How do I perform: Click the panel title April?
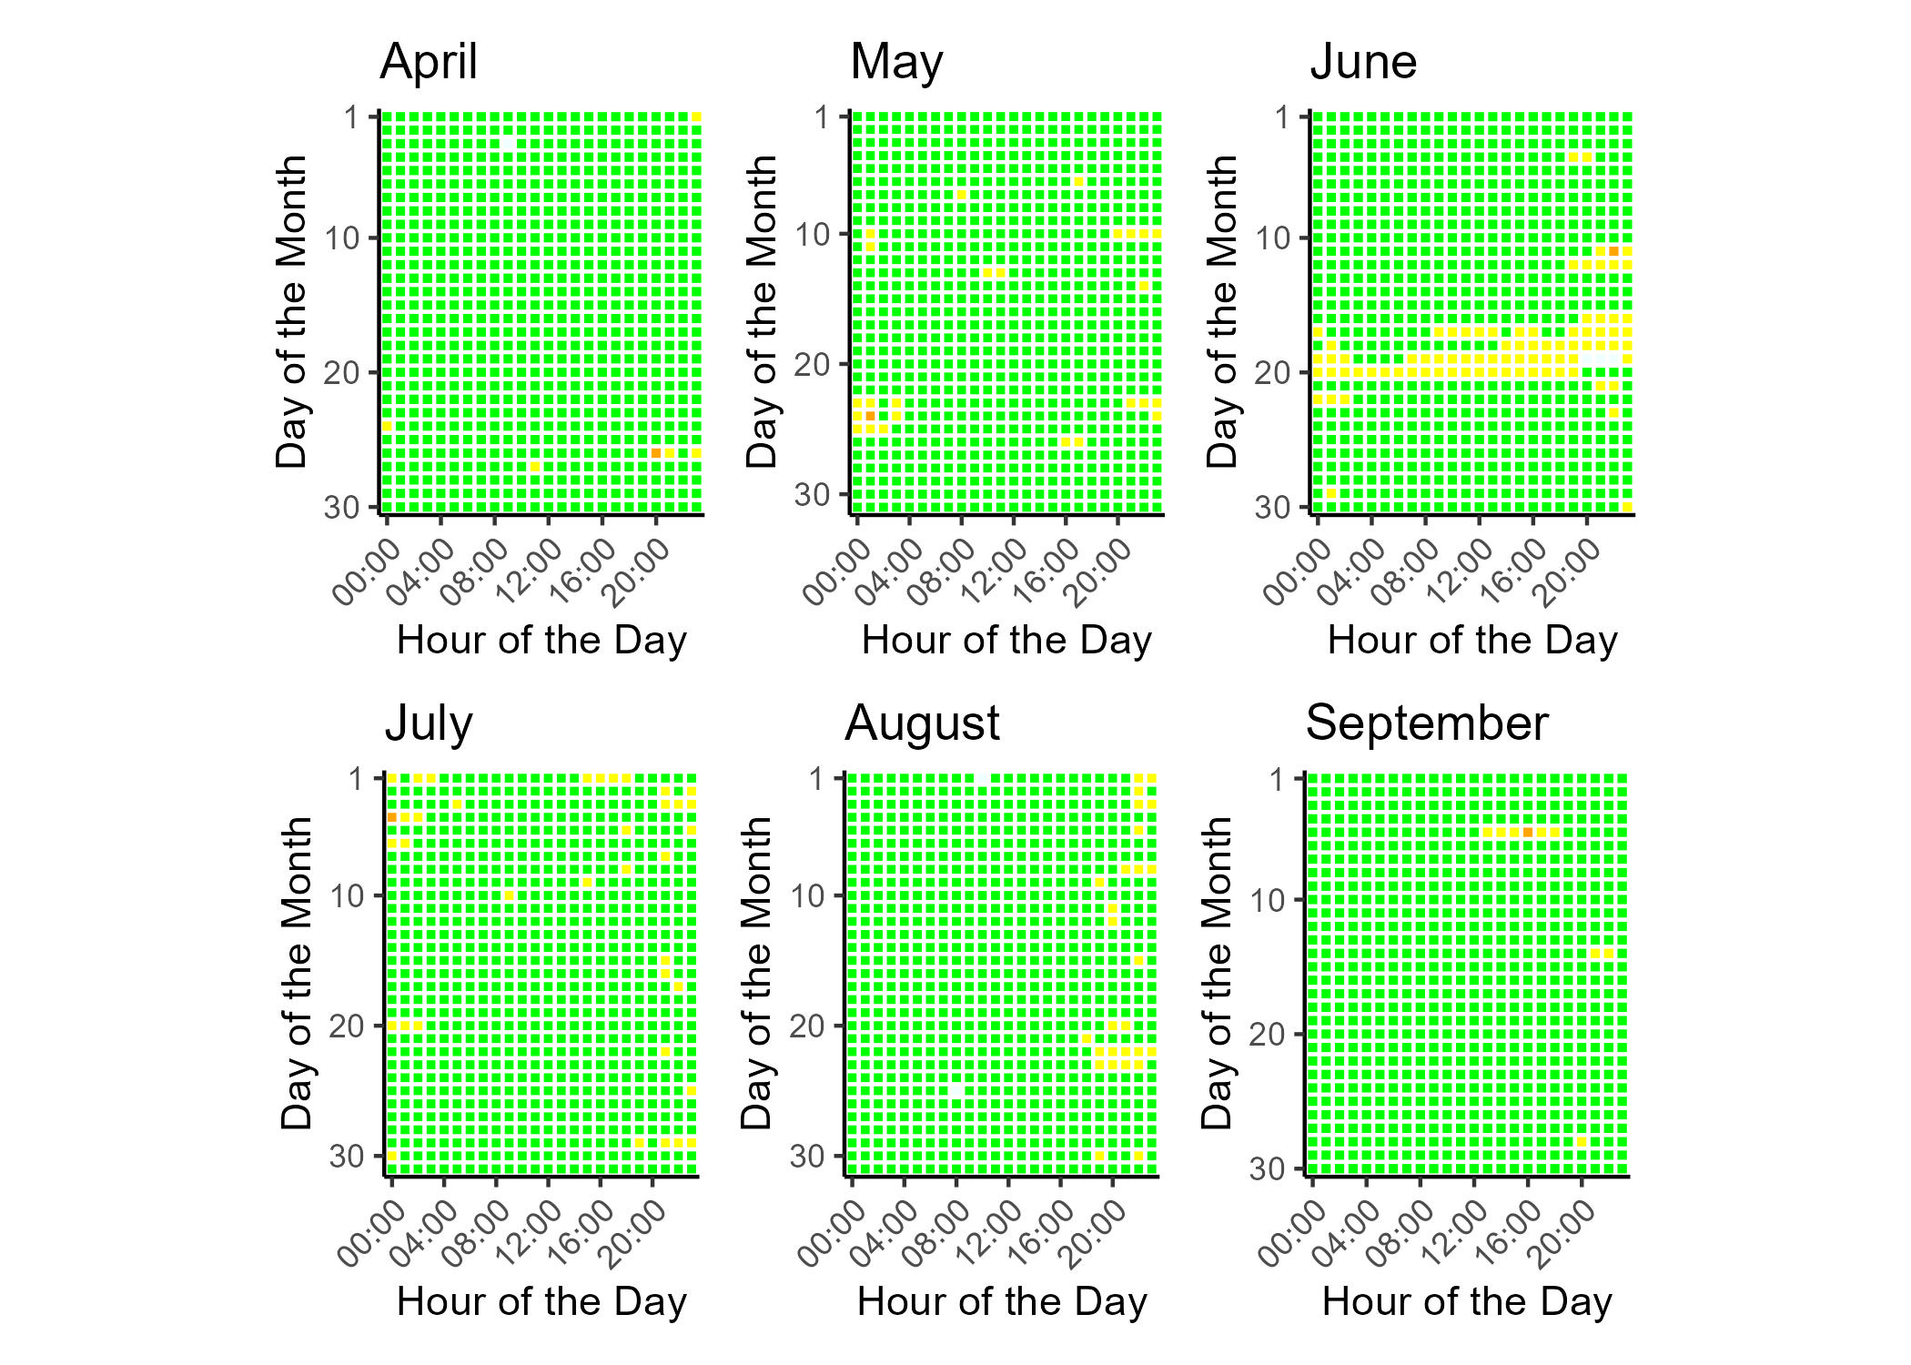pyautogui.click(x=428, y=62)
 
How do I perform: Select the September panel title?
pyautogui.click(x=1426, y=724)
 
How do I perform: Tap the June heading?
pyautogui.click(x=1362, y=62)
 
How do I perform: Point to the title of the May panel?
pyautogui.click(x=895, y=62)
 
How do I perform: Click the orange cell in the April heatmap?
pyautogui.click(x=655, y=453)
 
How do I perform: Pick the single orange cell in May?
pyautogui.click(x=870, y=416)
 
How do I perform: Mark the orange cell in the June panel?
pyautogui.click(x=1613, y=251)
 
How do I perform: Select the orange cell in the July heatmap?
pyautogui.click(x=392, y=818)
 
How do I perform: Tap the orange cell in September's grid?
pyautogui.click(x=1528, y=832)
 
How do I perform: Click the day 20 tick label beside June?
pyautogui.click(x=1273, y=373)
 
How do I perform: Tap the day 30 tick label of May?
pyautogui.click(x=813, y=495)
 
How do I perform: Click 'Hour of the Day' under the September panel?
pyautogui.click(x=1467, y=1301)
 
